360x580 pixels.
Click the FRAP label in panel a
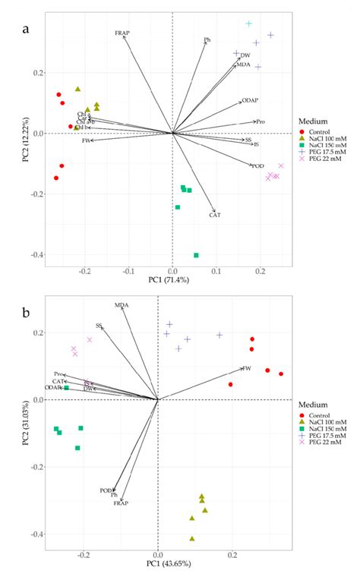[122, 33]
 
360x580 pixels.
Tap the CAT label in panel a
[215, 216]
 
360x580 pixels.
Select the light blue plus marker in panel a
[249, 24]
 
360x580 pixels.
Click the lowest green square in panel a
[196, 255]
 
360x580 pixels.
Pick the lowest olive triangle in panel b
[192, 538]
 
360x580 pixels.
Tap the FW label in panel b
[246, 368]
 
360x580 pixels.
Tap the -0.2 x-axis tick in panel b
[84, 553]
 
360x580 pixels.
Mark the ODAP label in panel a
[250, 100]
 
